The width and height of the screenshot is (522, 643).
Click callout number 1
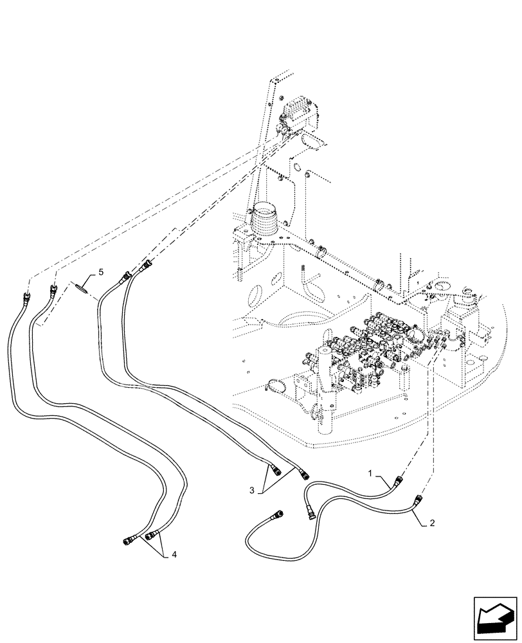coord(371,473)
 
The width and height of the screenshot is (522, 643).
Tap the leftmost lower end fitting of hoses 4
coord(128,539)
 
